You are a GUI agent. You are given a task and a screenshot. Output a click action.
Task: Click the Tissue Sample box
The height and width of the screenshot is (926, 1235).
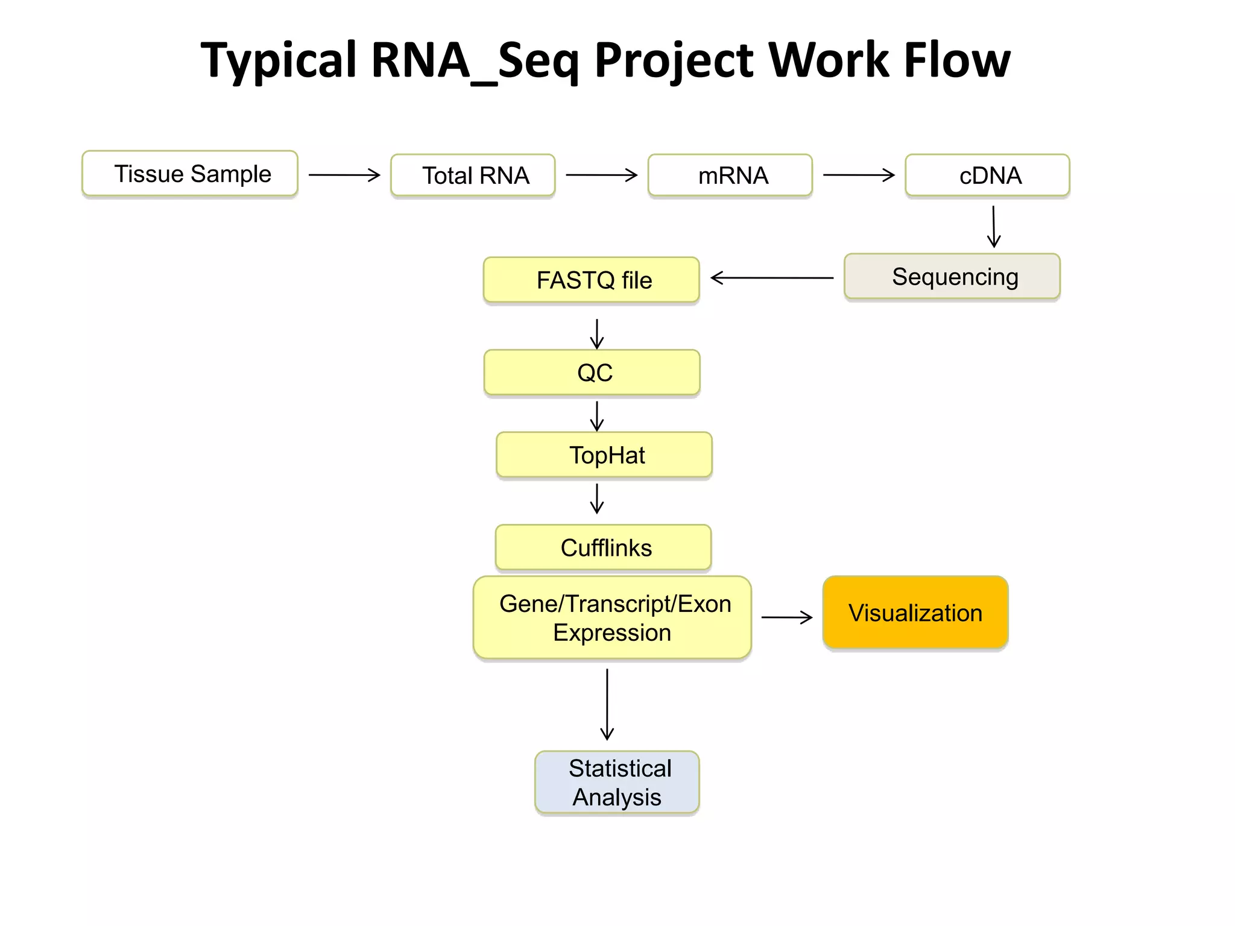pyautogui.click(x=190, y=174)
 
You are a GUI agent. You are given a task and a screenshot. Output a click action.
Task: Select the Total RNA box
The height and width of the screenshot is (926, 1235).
pyautogui.click(x=473, y=175)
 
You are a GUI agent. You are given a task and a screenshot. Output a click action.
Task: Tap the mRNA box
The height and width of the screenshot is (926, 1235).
pyautogui.click(x=730, y=175)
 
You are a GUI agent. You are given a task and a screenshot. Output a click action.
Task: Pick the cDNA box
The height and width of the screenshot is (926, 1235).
pyautogui.click(x=987, y=175)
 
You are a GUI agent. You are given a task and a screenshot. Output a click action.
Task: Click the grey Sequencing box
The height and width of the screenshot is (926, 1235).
pyautogui.click(x=952, y=277)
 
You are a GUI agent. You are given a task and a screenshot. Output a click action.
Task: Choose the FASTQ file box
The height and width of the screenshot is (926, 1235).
pyautogui.click(x=592, y=280)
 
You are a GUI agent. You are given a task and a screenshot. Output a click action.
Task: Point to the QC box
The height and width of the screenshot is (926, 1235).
pyautogui.click(x=592, y=373)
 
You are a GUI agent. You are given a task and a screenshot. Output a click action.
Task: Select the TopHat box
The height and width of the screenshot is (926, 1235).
pyautogui.click(x=604, y=455)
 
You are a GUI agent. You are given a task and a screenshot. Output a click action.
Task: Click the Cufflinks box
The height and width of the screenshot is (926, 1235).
pyautogui.click(x=604, y=547)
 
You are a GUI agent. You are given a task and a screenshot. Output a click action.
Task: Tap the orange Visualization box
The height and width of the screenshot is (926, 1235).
pyautogui.click(x=915, y=613)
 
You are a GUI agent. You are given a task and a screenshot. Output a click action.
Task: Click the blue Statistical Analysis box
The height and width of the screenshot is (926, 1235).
pyautogui.click(x=617, y=783)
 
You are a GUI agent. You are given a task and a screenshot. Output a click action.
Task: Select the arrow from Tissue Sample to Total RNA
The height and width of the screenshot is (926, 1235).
pyautogui.click(x=344, y=175)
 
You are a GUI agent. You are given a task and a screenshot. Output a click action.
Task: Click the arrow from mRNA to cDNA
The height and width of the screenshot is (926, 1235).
pyautogui.click(x=859, y=175)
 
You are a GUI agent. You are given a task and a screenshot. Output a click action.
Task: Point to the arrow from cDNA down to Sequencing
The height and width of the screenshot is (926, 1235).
pyautogui.click(x=994, y=226)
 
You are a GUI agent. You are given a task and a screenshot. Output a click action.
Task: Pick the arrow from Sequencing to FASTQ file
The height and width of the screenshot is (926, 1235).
pyautogui.click(x=772, y=278)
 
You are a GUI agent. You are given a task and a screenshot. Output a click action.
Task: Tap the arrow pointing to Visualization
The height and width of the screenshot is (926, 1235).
pyautogui.click(x=787, y=617)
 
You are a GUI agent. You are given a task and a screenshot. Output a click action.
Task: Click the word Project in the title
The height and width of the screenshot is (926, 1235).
pyautogui.click(x=674, y=60)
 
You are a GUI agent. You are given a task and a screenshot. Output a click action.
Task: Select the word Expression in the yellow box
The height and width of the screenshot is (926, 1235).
pyautogui.click(x=612, y=633)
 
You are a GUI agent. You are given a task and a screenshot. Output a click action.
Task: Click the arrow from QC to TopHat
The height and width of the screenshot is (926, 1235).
pyautogui.click(x=597, y=416)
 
